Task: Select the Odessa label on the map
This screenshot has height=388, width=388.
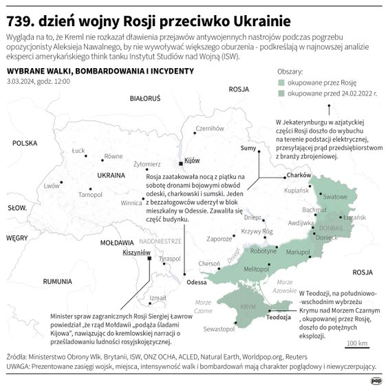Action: point(197,282)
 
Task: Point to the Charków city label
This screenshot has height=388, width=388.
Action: point(299,176)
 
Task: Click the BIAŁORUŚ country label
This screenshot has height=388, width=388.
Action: point(144,99)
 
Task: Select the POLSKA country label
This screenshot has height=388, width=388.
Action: point(23,143)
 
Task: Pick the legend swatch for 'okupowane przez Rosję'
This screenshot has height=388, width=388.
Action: point(280,81)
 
